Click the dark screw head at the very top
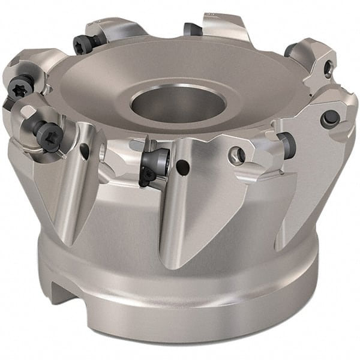point(191,28)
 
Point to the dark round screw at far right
point(329,118)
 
